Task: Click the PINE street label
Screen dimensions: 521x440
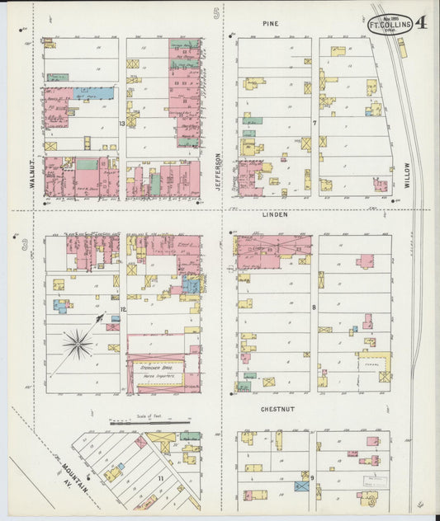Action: coord(271,24)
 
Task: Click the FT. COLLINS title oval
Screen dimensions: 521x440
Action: coord(390,25)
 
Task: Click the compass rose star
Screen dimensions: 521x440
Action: coord(79,342)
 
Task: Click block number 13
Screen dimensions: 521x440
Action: coord(122,124)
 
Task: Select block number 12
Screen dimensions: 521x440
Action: coord(122,310)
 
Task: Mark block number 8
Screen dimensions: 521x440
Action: coord(315,308)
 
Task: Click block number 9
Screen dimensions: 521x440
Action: coord(313,476)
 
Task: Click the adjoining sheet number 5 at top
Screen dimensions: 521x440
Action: coord(217,12)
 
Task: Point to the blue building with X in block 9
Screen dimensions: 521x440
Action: coord(302,486)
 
